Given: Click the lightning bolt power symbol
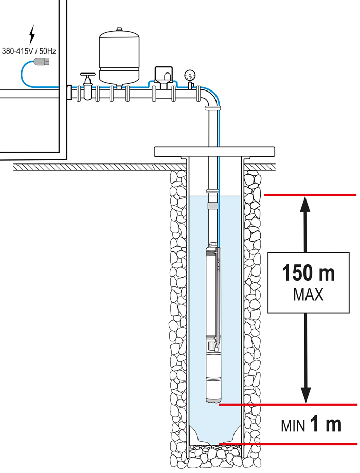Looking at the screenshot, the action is [x=32, y=34].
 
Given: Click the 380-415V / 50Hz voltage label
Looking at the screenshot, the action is [x=29, y=51].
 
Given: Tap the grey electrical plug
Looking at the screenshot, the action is [x=42, y=61].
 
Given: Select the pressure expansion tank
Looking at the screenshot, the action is [x=119, y=57].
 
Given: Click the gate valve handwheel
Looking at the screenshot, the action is [x=88, y=74].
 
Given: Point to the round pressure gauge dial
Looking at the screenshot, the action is [x=190, y=75].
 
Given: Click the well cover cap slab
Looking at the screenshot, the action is [x=214, y=152].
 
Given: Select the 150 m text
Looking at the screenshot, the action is [x=309, y=272].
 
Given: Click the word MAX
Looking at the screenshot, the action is [x=308, y=295].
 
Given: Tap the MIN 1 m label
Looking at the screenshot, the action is [x=311, y=424].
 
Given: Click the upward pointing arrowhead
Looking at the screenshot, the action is [x=306, y=205].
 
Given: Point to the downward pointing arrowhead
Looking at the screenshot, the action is [x=306, y=394].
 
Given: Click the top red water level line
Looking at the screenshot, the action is [x=310, y=195].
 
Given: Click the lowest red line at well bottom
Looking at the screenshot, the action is [x=288, y=444].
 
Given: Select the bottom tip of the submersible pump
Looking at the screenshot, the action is [x=213, y=403].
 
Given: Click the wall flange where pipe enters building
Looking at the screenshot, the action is [x=69, y=93].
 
